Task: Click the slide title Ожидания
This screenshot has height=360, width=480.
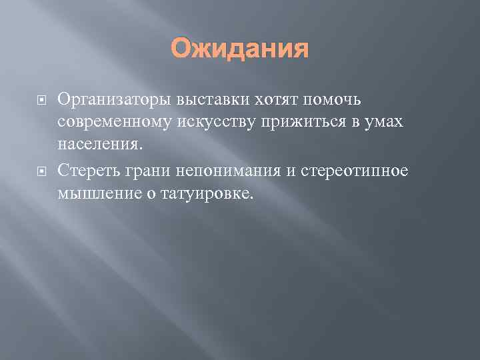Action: (x=240, y=48)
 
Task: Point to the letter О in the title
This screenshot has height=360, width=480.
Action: (x=182, y=48)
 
